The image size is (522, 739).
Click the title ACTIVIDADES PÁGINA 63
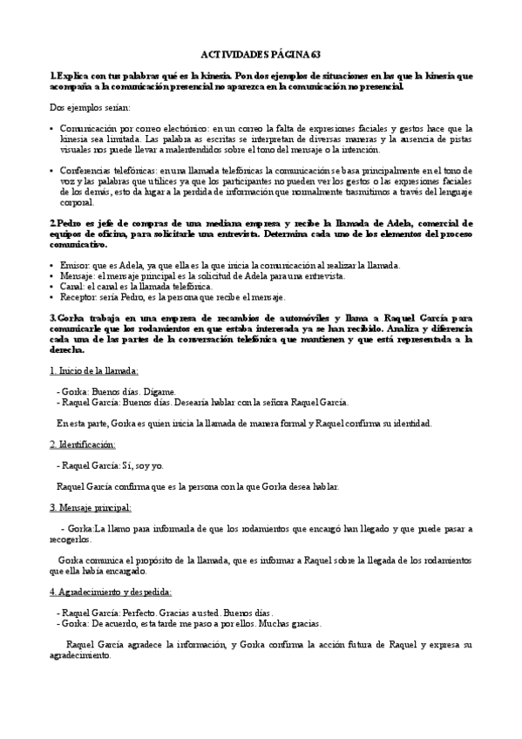[261, 53]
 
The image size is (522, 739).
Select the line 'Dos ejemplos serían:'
[89, 107]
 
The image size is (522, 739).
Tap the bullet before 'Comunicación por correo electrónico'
[53, 127]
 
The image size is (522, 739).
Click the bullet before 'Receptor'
[53, 297]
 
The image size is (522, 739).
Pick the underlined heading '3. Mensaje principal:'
[91, 506]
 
